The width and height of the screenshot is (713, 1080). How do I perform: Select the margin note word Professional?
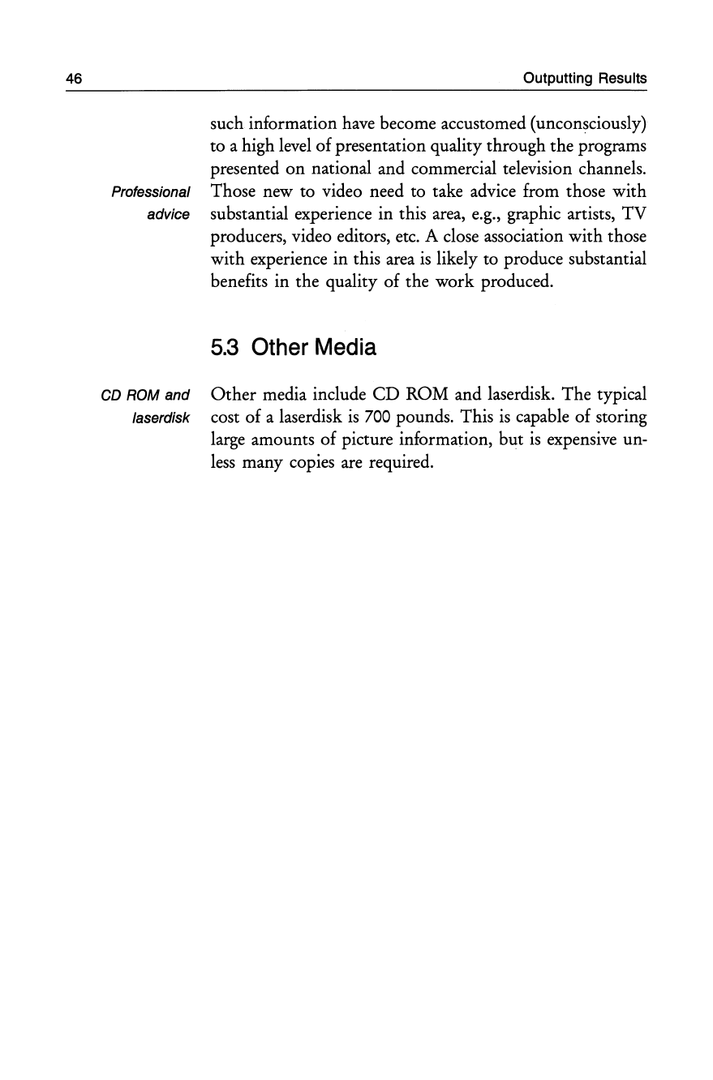152,193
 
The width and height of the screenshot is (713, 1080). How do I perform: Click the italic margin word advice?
170,215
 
